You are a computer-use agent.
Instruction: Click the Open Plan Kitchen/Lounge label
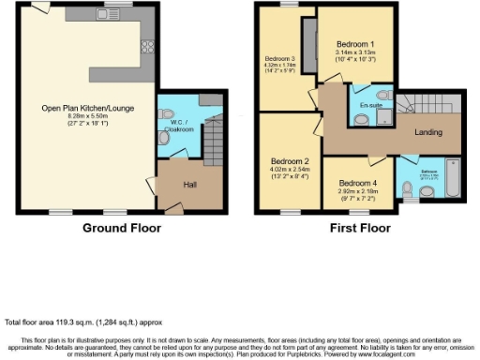pos(87,108)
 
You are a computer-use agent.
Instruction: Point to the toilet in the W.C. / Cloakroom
pos(166,138)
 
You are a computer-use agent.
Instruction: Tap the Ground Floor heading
pos(122,228)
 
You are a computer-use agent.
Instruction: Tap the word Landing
pos(427,133)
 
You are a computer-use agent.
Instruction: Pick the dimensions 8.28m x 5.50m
pos(87,116)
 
